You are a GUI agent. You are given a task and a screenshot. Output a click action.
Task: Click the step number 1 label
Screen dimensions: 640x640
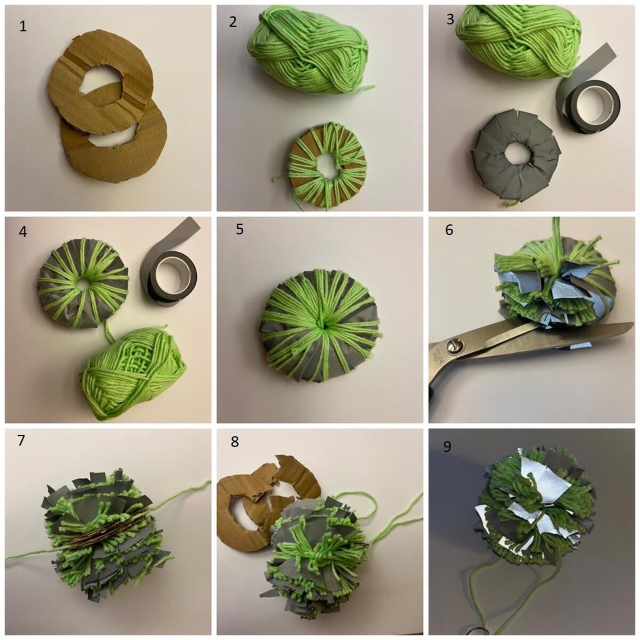22,27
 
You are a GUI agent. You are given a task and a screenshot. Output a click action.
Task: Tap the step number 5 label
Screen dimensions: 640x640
239,229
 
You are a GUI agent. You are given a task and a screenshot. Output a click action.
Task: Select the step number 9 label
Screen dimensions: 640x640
447,447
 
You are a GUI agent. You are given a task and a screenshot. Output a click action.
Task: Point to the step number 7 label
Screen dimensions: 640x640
21,441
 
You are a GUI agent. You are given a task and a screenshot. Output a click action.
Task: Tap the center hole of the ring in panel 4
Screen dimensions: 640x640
82,284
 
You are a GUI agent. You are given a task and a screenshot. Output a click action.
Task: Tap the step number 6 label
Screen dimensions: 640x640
449,230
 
